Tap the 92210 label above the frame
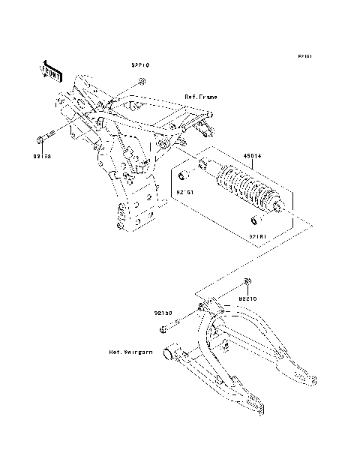(138, 65)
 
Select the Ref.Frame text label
(200, 97)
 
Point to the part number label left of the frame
(41, 157)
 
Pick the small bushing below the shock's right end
(253, 220)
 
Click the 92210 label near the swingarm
(248, 298)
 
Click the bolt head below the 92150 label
(163, 330)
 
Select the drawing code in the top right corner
(304, 56)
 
